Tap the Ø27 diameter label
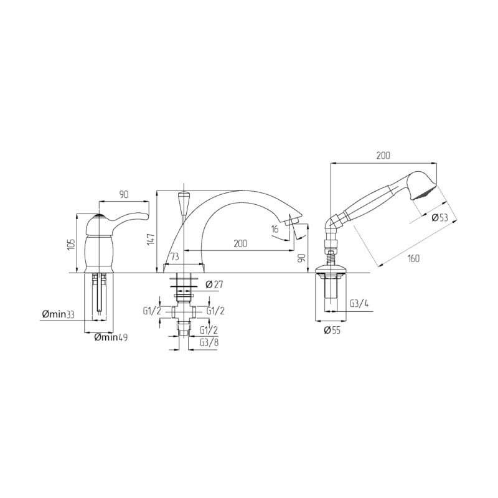[214, 284]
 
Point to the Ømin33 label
[58, 314]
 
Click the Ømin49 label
[111, 337]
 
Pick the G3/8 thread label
[209, 342]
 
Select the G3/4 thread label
[359, 304]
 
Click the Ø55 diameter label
[332, 331]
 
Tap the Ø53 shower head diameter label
[440, 217]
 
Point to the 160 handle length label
[413, 258]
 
